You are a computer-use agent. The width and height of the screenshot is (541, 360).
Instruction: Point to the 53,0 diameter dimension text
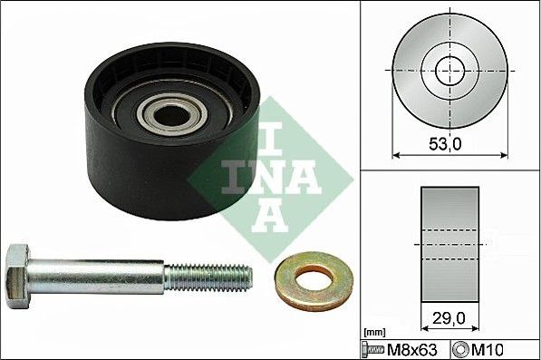[446, 143]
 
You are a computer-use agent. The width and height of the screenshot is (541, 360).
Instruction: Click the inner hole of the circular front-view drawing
[449, 72]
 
